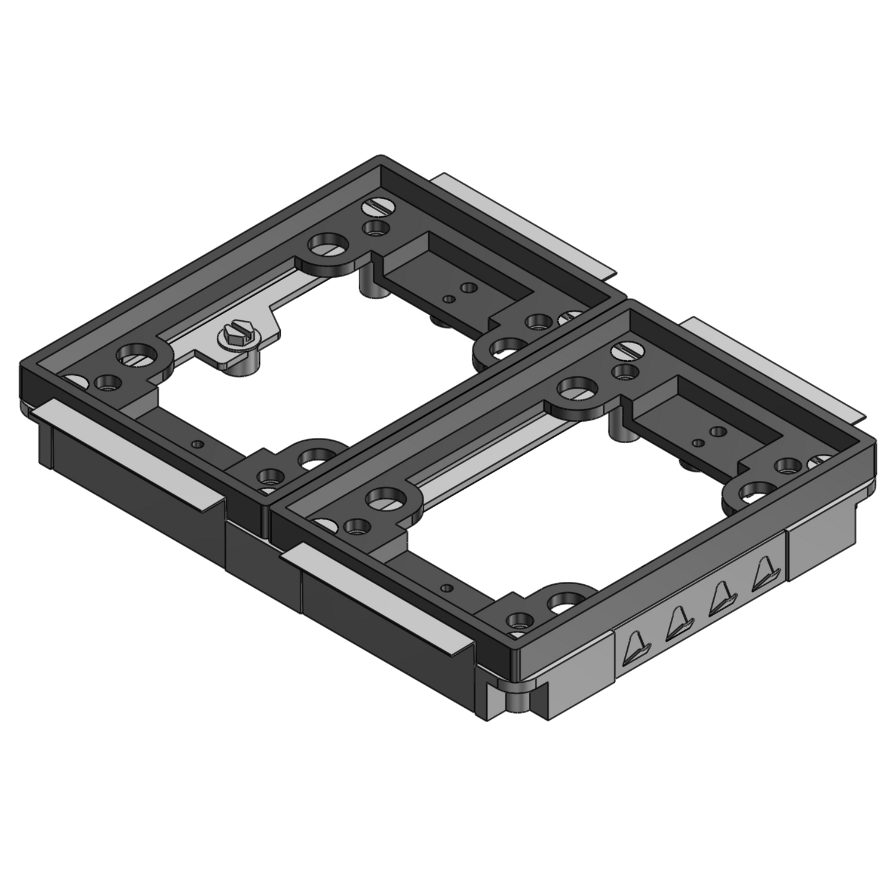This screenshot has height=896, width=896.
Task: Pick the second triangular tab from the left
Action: [677, 622]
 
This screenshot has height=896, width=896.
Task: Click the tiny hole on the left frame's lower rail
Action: [198, 444]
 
